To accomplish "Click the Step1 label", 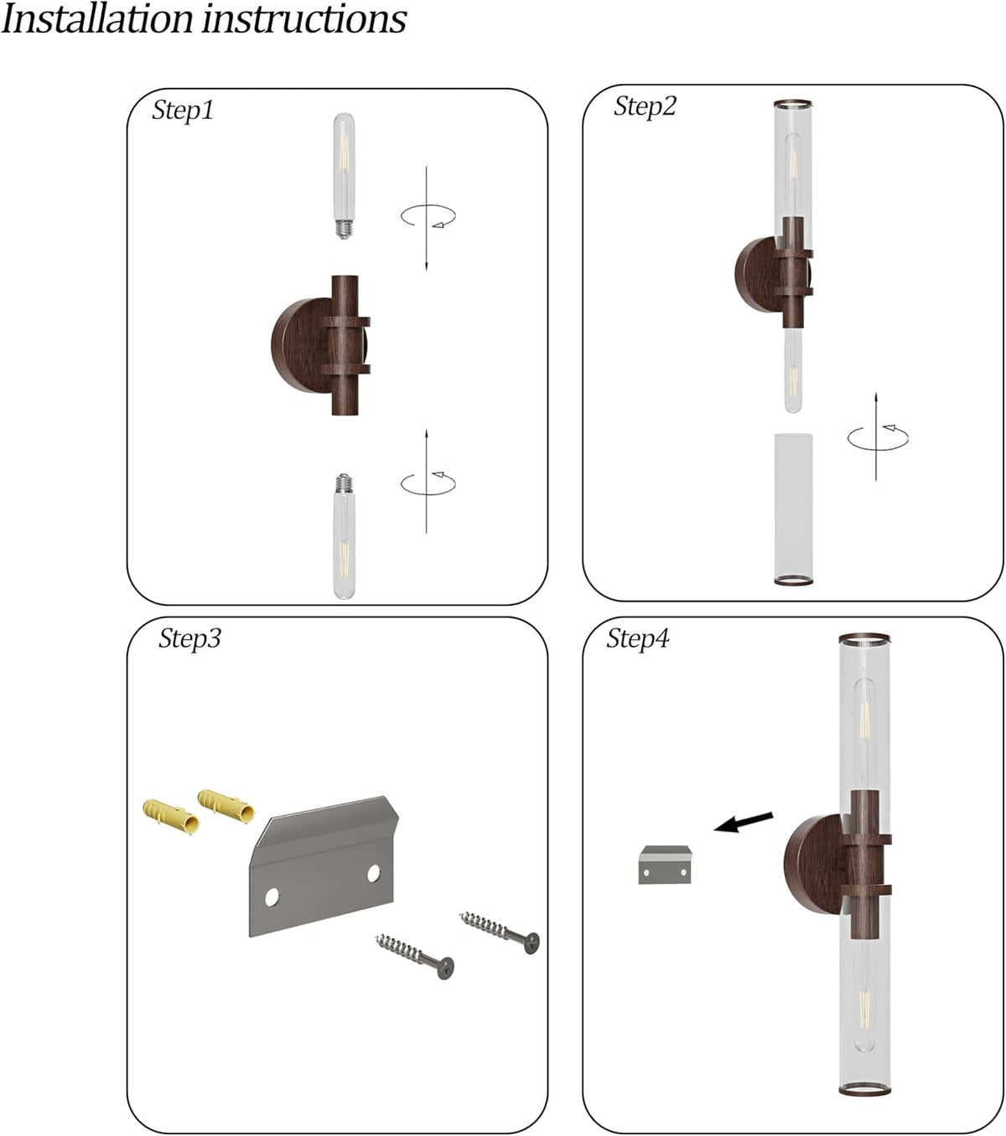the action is click(183, 111).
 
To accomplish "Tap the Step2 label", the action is click(646, 106).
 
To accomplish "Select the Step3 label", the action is click(189, 638).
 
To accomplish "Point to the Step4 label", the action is click(638, 638).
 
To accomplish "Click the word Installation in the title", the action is click(97, 19).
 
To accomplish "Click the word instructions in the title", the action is click(304, 19).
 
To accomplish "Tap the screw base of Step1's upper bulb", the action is click(344, 228).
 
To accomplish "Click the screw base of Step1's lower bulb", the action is click(344, 483).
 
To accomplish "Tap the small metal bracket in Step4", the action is click(665, 864).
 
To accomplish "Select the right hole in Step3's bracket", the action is click(374, 874).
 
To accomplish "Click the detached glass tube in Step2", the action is click(793, 509).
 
